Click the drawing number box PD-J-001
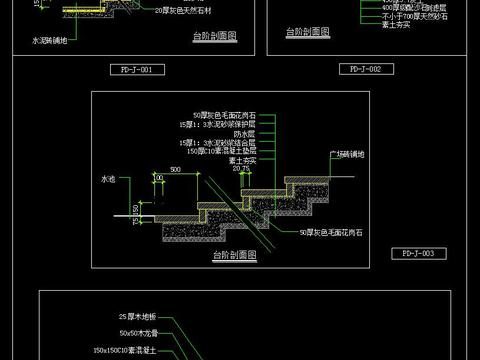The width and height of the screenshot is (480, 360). tap(132, 70)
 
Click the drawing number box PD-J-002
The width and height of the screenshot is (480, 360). tap(361, 69)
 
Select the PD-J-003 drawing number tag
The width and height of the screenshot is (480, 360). tap(411, 254)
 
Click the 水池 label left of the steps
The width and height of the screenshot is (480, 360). tap(108, 179)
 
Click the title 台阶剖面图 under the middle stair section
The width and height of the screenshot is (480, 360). tap(234, 256)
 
